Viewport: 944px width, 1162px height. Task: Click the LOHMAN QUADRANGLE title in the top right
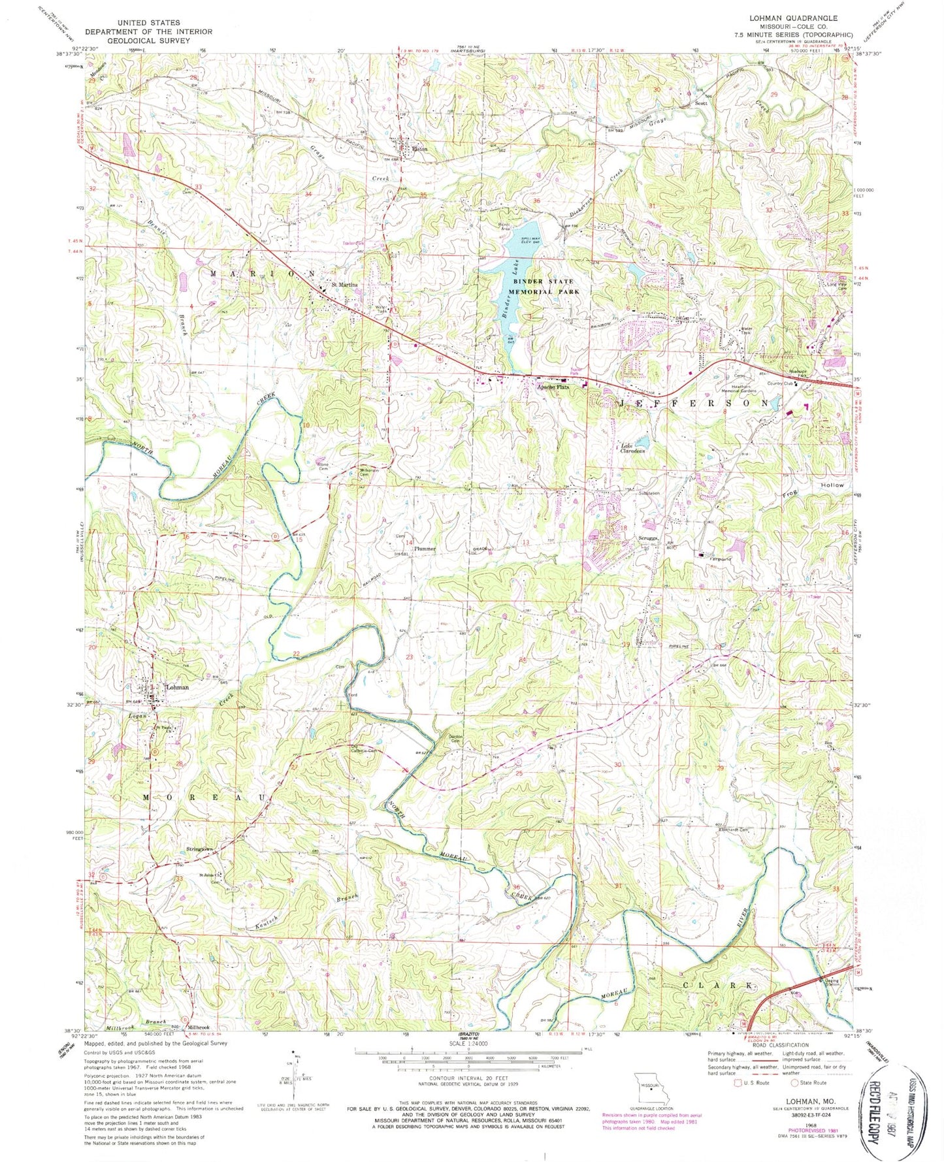point(811,18)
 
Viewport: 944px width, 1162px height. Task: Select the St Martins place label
point(344,285)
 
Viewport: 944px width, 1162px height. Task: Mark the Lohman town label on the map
point(177,687)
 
